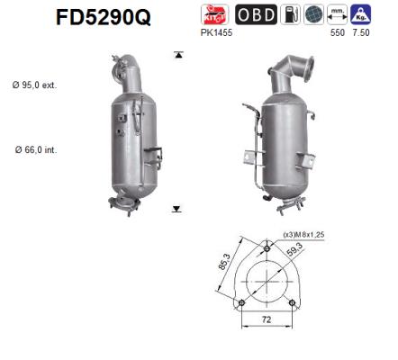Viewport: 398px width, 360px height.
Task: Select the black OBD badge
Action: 255,15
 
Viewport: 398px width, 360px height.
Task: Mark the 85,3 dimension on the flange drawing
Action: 224,266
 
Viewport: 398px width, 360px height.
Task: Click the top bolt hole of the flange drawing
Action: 268,246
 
